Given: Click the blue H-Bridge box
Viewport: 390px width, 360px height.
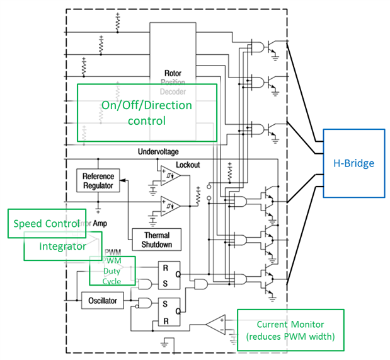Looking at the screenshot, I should pyautogui.click(x=353, y=163).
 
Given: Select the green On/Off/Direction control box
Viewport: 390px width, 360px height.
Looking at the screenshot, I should pyautogui.click(x=147, y=112).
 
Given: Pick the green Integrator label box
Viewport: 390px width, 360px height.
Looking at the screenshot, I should pyautogui.click(x=62, y=246).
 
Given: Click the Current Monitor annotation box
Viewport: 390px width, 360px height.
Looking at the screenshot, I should pyautogui.click(x=290, y=329).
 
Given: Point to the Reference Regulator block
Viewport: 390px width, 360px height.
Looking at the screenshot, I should pyautogui.click(x=98, y=181).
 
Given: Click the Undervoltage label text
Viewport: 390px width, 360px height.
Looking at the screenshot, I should pyautogui.click(x=159, y=152).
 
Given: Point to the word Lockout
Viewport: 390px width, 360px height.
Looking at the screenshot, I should pyautogui.click(x=188, y=165).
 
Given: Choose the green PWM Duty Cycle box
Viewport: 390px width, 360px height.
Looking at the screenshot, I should pyautogui.click(x=112, y=270).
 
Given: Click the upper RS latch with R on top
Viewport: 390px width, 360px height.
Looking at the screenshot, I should pyautogui.click(x=168, y=274).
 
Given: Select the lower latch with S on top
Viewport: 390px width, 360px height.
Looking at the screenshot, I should pyautogui.click(x=168, y=310).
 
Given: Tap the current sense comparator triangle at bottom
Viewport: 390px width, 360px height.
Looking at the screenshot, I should pyautogui.click(x=216, y=324).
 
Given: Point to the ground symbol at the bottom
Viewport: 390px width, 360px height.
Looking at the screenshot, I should pyautogui.click(x=164, y=345).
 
